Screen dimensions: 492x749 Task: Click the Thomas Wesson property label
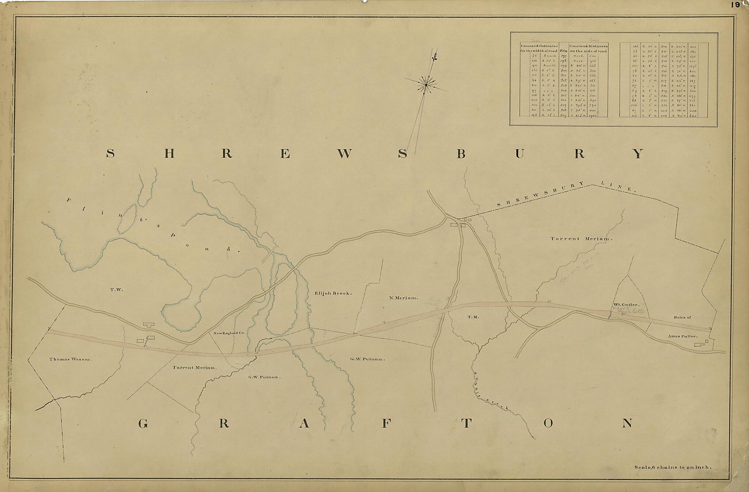point(71,359)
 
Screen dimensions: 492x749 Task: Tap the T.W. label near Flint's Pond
point(117,290)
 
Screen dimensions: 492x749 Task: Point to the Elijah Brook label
point(333,293)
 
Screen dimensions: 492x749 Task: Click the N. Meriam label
point(403,298)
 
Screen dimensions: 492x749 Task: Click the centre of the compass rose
point(426,85)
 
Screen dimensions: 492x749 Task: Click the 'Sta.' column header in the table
point(563,51)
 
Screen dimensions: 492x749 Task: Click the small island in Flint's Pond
point(127,219)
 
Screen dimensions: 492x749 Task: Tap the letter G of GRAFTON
point(143,424)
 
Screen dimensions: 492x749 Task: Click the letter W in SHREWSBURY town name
point(343,154)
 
